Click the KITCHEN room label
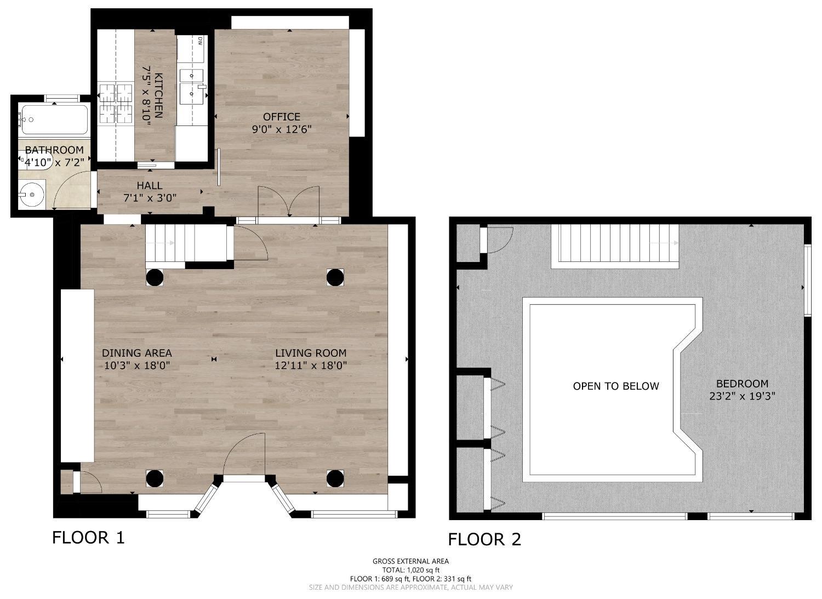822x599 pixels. click(158, 95)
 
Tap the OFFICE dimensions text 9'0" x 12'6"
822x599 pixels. click(282, 129)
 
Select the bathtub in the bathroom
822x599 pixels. click(55, 119)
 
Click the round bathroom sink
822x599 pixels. click(32, 195)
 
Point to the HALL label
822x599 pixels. click(150, 185)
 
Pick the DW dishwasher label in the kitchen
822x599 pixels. click(200, 41)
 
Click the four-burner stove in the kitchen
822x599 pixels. click(116, 104)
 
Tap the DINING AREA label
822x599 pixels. click(137, 353)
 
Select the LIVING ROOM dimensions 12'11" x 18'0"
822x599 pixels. click(311, 366)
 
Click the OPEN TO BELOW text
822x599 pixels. click(616, 386)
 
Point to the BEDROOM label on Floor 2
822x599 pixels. click(743, 384)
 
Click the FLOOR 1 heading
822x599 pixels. click(88, 537)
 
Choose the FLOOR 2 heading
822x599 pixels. click(485, 539)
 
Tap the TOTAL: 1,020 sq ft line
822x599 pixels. click(410, 570)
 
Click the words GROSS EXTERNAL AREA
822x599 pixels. click(410, 561)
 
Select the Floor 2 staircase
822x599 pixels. click(615, 246)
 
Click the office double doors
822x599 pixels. click(289, 202)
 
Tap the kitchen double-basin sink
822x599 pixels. click(192, 86)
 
